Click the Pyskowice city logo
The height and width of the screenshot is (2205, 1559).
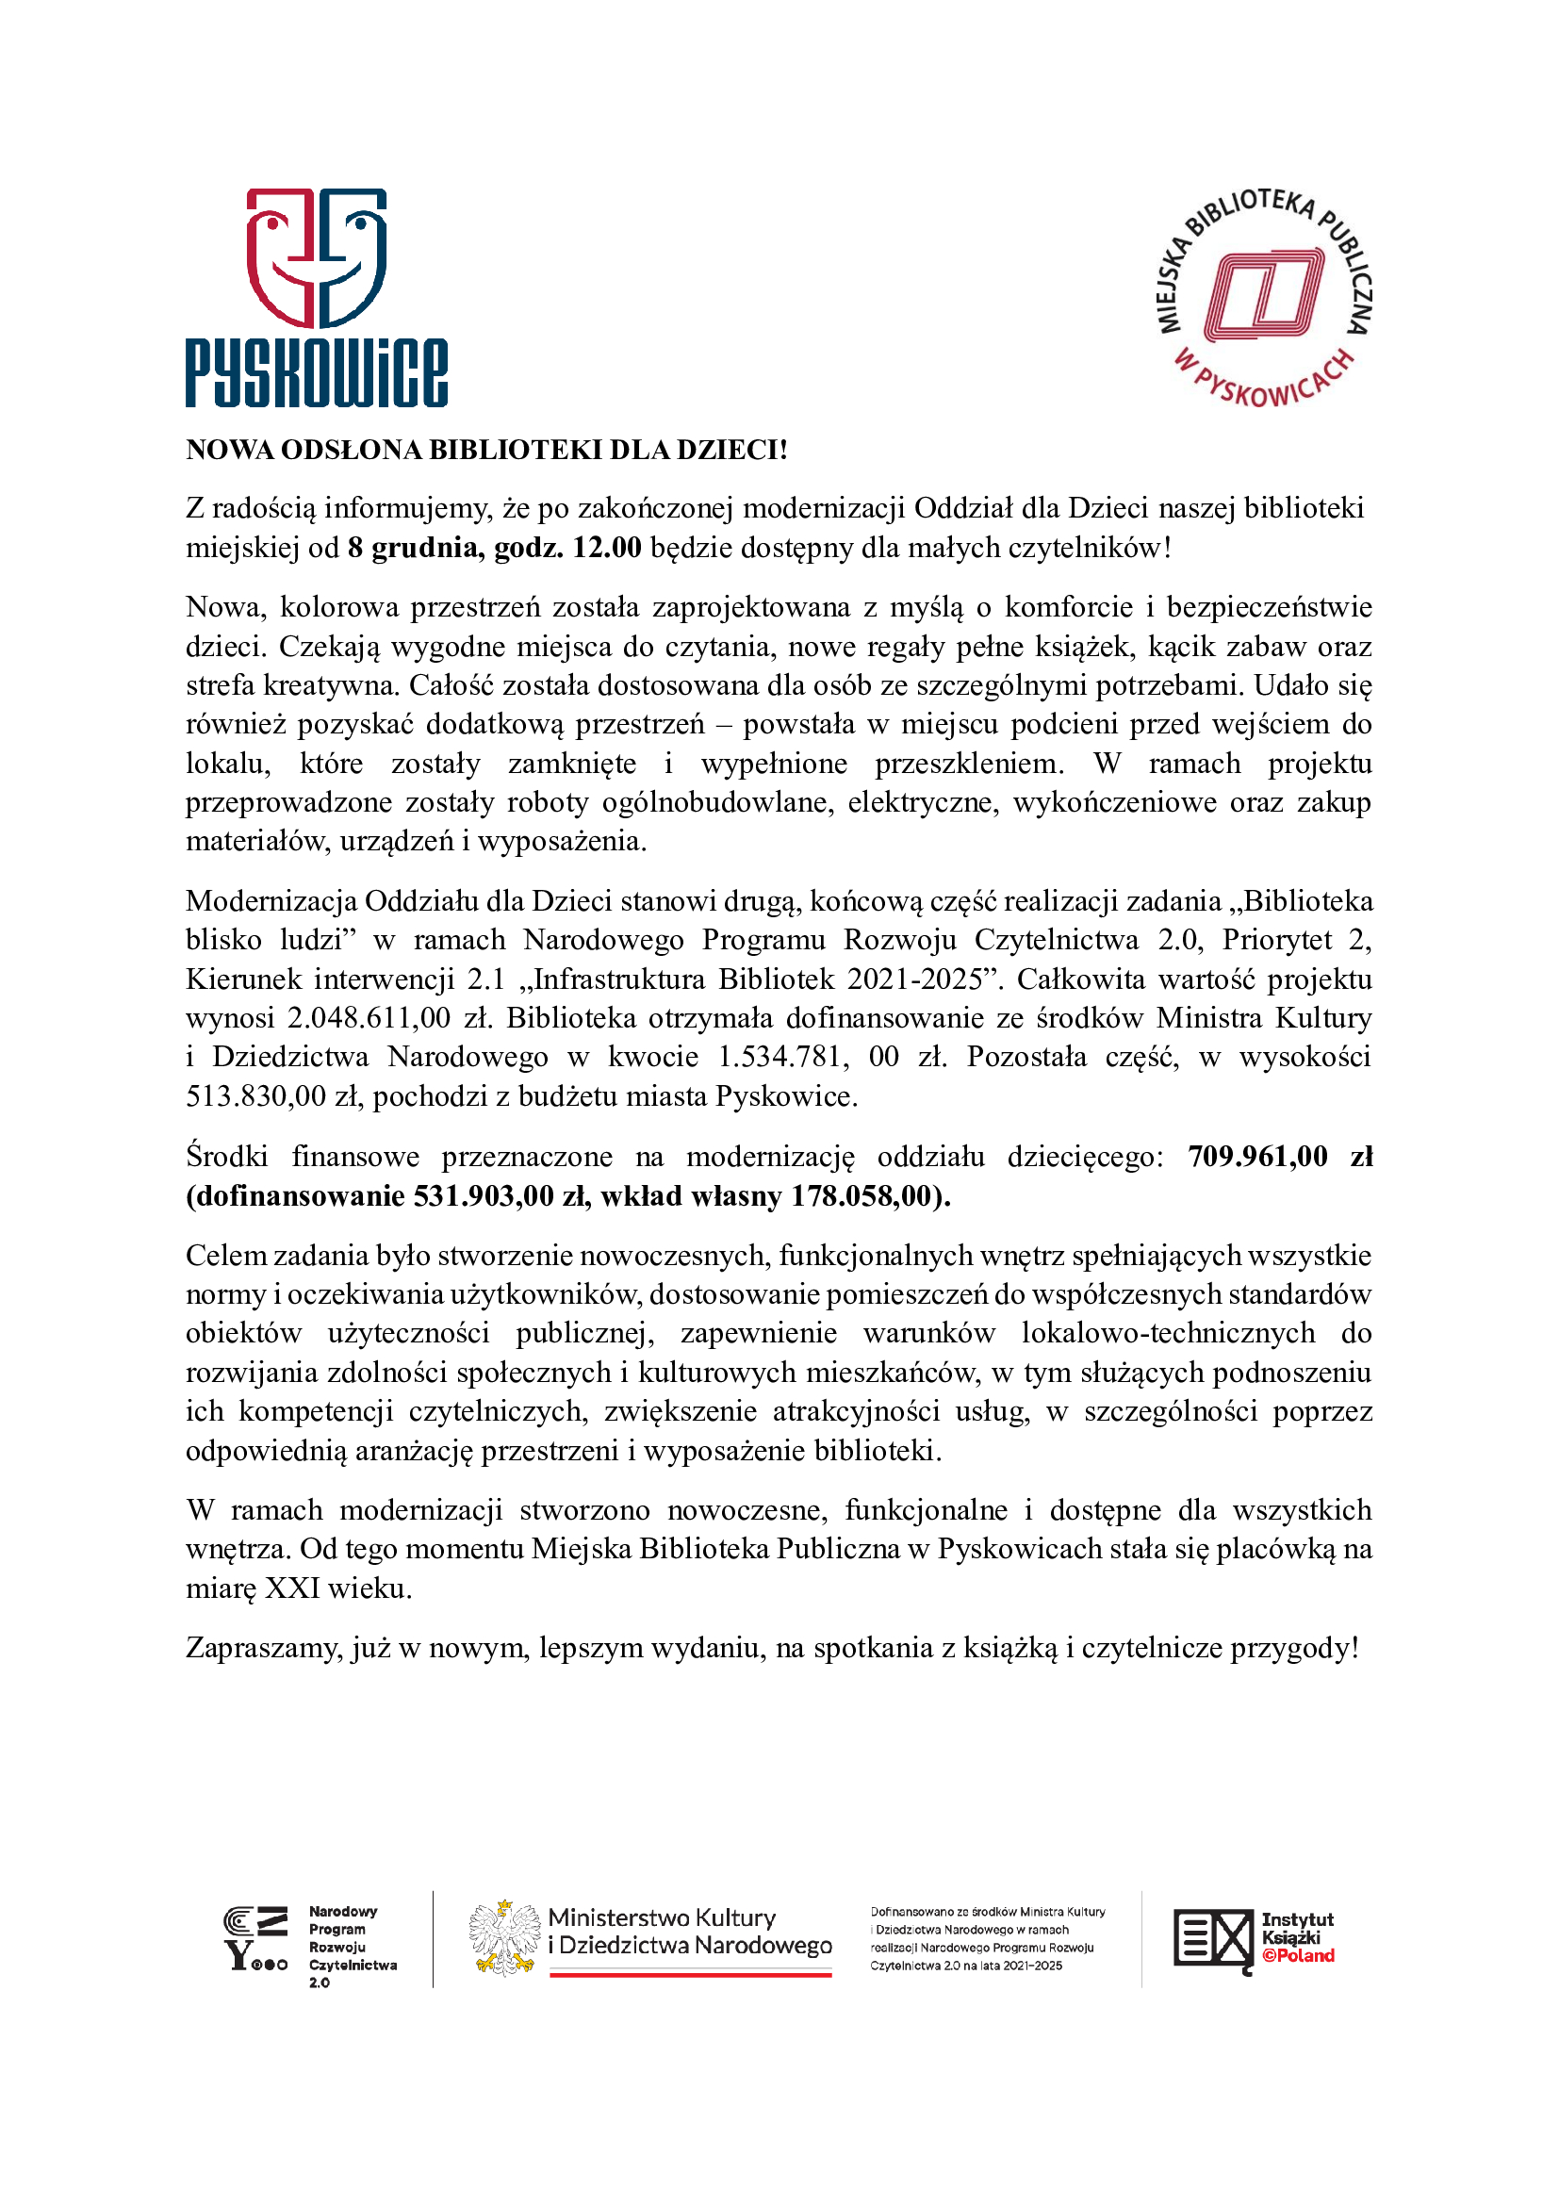pyautogui.click(x=316, y=297)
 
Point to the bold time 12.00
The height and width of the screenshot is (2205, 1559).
pyautogui.click(x=607, y=548)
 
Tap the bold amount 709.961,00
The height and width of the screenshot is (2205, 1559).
pyautogui.click(x=1257, y=1157)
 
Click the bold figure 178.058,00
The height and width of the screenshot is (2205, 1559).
pyautogui.click(x=862, y=1195)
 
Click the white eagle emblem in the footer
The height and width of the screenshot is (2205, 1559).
pyautogui.click(x=503, y=1937)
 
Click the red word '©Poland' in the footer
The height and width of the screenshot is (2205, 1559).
pyautogui.click(x=1298, y=1955)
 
